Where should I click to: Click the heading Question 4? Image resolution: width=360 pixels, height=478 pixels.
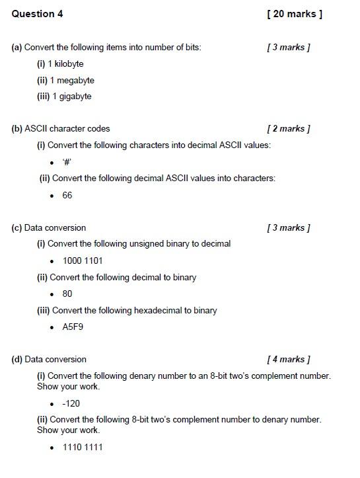pyautogui.click(x=37, y=13)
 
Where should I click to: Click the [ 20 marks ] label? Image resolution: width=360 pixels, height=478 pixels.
pyautogui.click(x=295, y=13)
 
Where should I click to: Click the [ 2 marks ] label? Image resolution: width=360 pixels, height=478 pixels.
pyautogui.click(x=289, y=128)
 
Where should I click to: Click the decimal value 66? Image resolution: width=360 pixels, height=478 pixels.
pyautogui.click(x=67, y=195)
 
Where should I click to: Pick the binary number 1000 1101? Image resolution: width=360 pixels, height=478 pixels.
pyautogui.click(x=83, y=260)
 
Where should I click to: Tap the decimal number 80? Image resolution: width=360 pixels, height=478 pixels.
pyautogui.click(x=67, y=294)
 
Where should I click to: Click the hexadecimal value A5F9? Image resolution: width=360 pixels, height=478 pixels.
pyautogui.click(x=73, y=327)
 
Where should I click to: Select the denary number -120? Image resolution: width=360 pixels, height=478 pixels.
pyautogui.click(x=71, y=403)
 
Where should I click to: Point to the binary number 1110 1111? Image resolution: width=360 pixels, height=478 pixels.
pyautogui.click(x=83, y=447)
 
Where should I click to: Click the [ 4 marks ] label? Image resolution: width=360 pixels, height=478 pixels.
pyautogui.click(x=289, y=359)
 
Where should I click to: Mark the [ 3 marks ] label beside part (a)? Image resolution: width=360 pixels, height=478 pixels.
pyautogui.click(x=289, y=47)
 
